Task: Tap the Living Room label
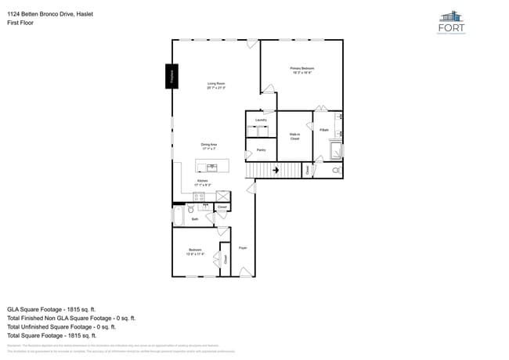[x=216, y=85]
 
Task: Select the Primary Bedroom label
[x=301, y=70]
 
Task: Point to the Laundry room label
[x=261, y=120]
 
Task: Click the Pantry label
[x=262, y=149]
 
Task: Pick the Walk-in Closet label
[x=295, y=136]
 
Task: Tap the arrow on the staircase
[x=276, y=169]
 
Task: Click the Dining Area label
[x=208, y=146]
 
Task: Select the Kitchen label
[x=201, y=182]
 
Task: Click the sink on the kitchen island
[x=212, y=167]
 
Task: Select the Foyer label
[x=243, y=247]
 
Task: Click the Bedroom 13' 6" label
[x=195, y=253]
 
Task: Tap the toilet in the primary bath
[x=337, y=170]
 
